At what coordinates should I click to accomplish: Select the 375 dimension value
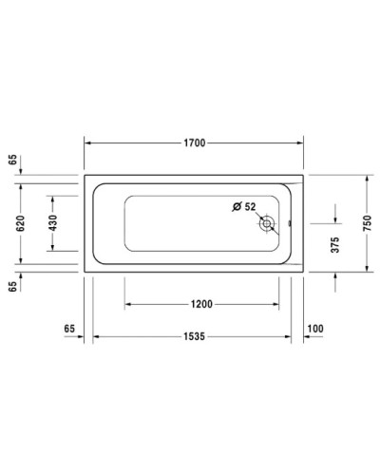click(x=334, y=242)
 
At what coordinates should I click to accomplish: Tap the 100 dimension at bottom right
click(x=315, y=328)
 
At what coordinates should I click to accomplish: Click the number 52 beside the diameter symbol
click(x=250, y=206)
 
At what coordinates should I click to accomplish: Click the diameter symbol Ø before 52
click(x=237, y=206)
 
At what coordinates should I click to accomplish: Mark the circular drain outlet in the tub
click(x=269, y=224)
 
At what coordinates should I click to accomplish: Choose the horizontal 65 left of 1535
click(x=69, y=328)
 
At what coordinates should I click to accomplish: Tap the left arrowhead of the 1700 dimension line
click(x=89, y=143)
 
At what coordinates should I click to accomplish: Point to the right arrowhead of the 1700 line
click(x=303, y=143)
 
